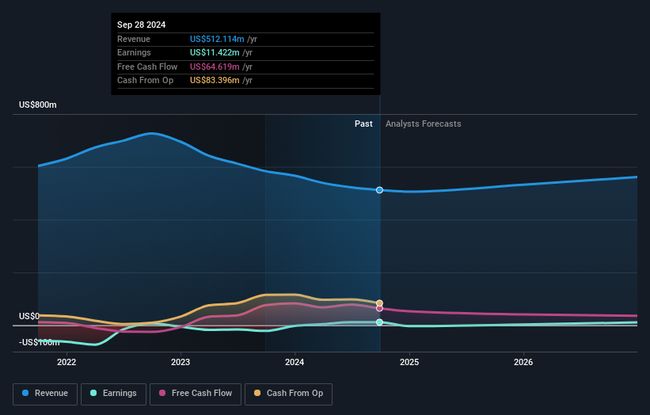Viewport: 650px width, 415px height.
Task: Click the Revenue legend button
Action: click(45, 394)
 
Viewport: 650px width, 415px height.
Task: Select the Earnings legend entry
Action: click(112, 394)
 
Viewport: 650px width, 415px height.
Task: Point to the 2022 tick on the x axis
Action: click(67, 362)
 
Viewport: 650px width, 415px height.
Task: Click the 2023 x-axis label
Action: click(181, 362)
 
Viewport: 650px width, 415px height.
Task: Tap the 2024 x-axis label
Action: click(295, 362)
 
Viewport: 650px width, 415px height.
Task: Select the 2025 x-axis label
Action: click(409, 362)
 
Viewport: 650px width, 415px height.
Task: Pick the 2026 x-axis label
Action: click(523, 362)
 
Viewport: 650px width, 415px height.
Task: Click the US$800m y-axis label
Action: click(38, 105)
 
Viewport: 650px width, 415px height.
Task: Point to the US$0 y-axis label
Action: click(29, 316)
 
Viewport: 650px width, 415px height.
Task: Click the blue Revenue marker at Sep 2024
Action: click(380, 190)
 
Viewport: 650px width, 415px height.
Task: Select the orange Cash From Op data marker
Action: click(380, 303)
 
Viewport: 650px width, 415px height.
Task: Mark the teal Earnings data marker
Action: click(380, 322)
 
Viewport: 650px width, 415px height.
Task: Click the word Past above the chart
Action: click(363, 124)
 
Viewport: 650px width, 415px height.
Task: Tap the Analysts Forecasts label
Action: click(423, 124)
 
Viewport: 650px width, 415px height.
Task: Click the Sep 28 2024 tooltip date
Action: click(143, 25)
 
